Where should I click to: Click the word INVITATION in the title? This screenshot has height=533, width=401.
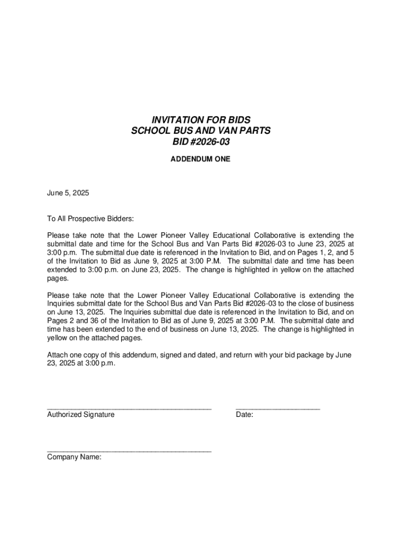pyautogui.click(x=161, y=120)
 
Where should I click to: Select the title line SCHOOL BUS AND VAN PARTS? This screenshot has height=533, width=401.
pyautogui.click(x=200, y=131)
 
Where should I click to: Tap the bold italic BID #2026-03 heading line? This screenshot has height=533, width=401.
pyautogui.click(x=200, y=142)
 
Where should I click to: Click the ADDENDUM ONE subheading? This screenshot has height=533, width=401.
pyautogui.click(x=200, y=159)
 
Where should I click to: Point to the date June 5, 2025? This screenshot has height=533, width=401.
pyautogui.click(x=68, y=193)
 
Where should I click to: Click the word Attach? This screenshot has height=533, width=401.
pyautogui.click(x=57, y=355)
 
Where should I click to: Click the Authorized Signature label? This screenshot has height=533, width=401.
pyautogui.click(x=81, y=415)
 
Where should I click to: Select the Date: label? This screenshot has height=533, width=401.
pyautogui.click(x=245, y=415)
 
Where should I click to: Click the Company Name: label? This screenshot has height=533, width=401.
pyautogui.click(x=74, y=457)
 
